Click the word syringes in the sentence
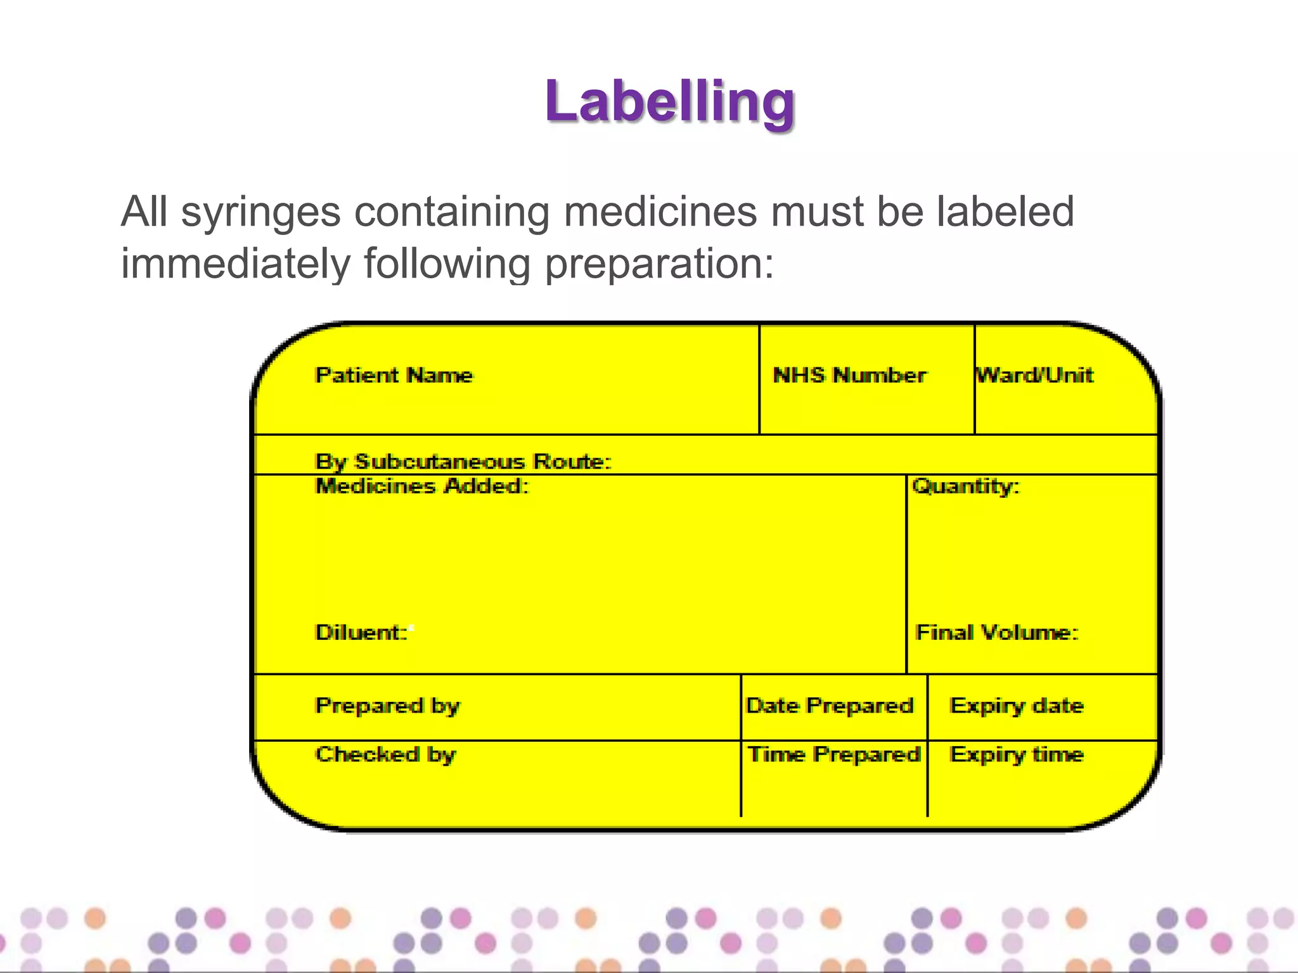(260, 213)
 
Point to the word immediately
(235, 265)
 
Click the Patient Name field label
(394, 375)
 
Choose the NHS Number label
(850, 375)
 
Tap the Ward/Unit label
(1035, 375)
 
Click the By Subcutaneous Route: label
(463, 462)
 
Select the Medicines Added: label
(422, 486)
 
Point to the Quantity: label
(966, 486)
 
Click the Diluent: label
(362, 632)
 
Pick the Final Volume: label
(997, 632)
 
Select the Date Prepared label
(830, 706)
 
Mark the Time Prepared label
(834, 754)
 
